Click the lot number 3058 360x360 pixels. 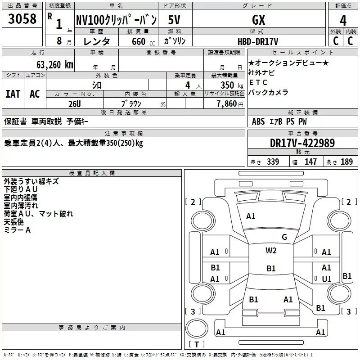pyautogui.click(x=22, y=19)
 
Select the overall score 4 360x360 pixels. pyautogui.click(x=343, y=21)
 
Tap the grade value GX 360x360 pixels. pyautogui.click(x=258, y=20)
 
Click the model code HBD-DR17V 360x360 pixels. pyautogui.click(x=258, y=41)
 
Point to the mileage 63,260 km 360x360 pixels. pyautogui.click(x=55, y=65)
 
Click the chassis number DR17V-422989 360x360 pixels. pyautogui.click(x=302, y=143)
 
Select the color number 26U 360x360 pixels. pyautogui.click(x=75, y=104)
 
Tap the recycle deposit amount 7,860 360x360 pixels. pyautogui.click(x=227, y=104)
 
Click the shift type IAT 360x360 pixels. pyautogui.click(x=13, y=94)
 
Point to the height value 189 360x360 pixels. pyautogui.click(x=346, y=162)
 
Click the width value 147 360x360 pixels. pyautogui.click(x=310, y=162)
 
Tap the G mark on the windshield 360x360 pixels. pyautogui.click(x=284, y=237)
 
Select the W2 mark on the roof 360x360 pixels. pyautogui.click(x=271, y=251)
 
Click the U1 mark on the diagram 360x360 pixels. pyautogui.click(x=327, y=279)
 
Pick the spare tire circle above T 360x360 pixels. pyautogui.click(x=197, y=328)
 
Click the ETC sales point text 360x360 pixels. pyautogui.click(x=258, y=82)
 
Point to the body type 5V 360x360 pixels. pyautogui.click(x=174, y=20)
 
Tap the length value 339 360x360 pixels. pyautogui.click(x=273, y=162)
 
